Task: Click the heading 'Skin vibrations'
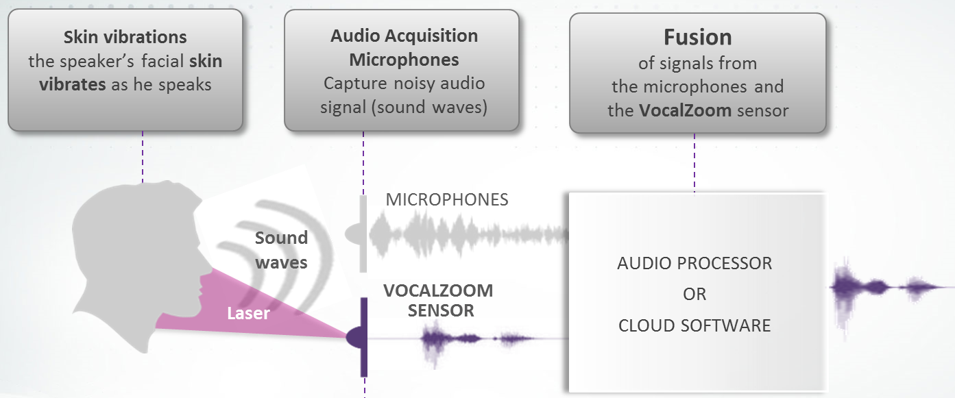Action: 125,36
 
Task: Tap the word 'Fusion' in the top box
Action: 697,36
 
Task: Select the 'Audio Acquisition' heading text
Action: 404,36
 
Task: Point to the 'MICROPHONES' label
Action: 447,199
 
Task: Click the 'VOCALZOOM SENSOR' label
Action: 439,300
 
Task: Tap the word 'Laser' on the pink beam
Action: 248,314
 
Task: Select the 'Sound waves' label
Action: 281,250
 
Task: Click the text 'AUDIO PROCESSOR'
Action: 694,263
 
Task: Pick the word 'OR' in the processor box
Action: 694,294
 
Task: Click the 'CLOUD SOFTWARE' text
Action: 694,325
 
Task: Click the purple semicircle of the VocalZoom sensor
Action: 356,337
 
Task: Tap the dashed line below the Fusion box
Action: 694,162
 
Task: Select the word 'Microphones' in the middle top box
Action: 404,60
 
